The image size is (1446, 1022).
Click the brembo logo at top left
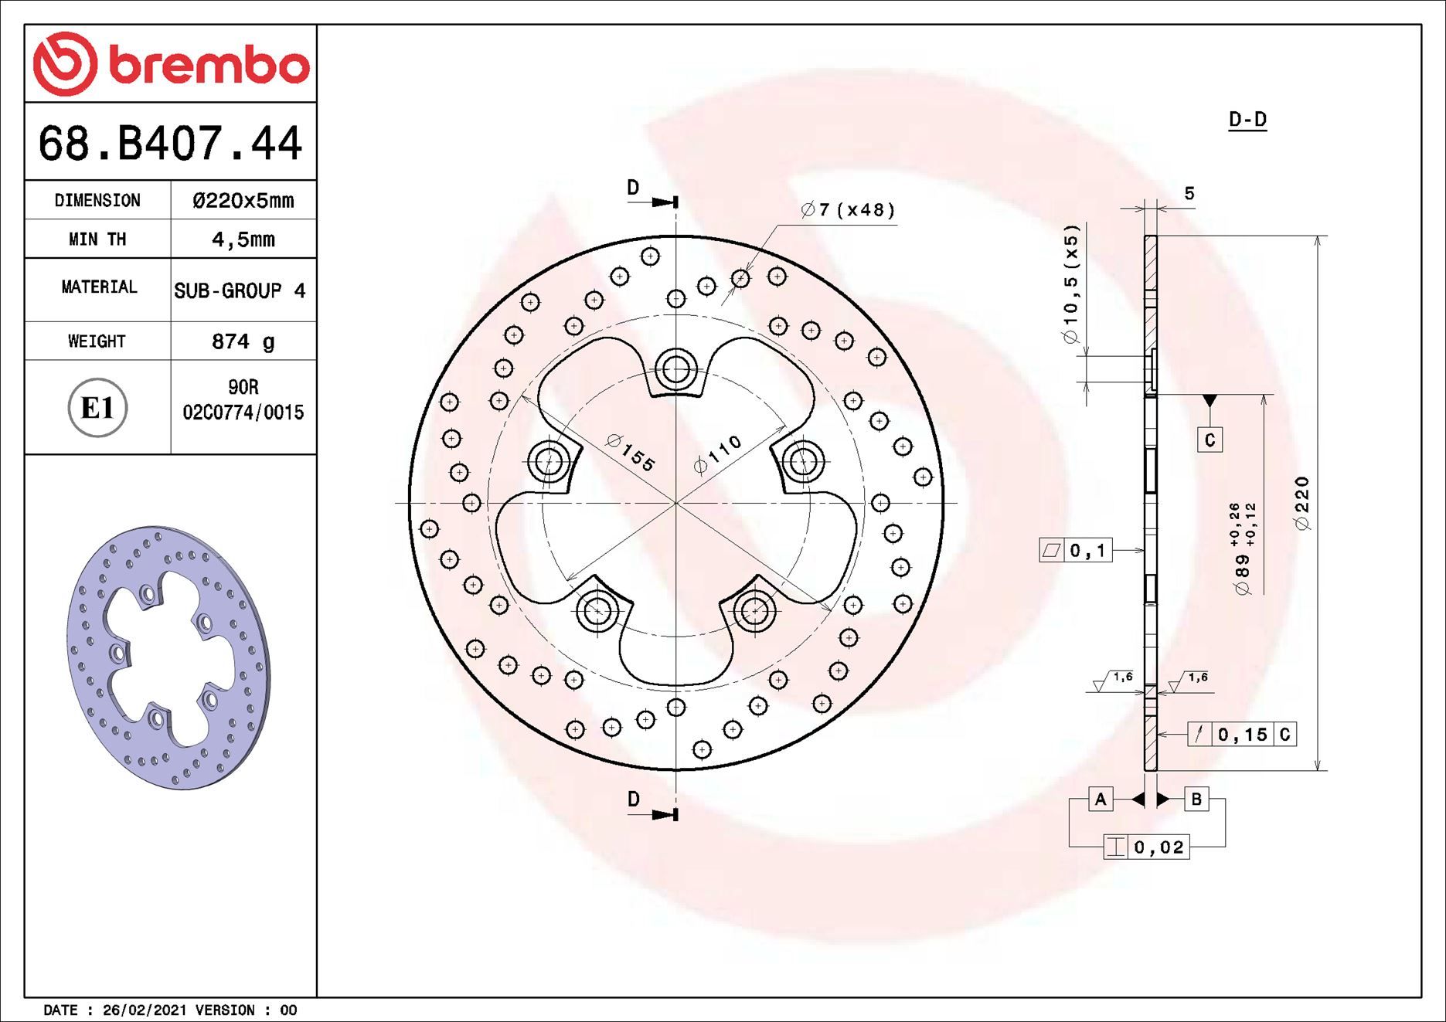(x=171, y=64)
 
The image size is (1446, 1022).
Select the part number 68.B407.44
(x=170, y=143)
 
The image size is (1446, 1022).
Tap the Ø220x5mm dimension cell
(x=243, y=201)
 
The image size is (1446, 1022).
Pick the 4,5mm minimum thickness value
(x=243, y=239)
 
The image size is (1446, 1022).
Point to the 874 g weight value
(x=243, y=341)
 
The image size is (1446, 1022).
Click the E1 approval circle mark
(x=97, y=408)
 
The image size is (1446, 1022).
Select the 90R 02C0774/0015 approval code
(x=243, y=400)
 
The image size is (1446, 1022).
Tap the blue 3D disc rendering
(x=168, y=657)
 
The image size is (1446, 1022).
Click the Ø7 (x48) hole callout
(x=848, y=210)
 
